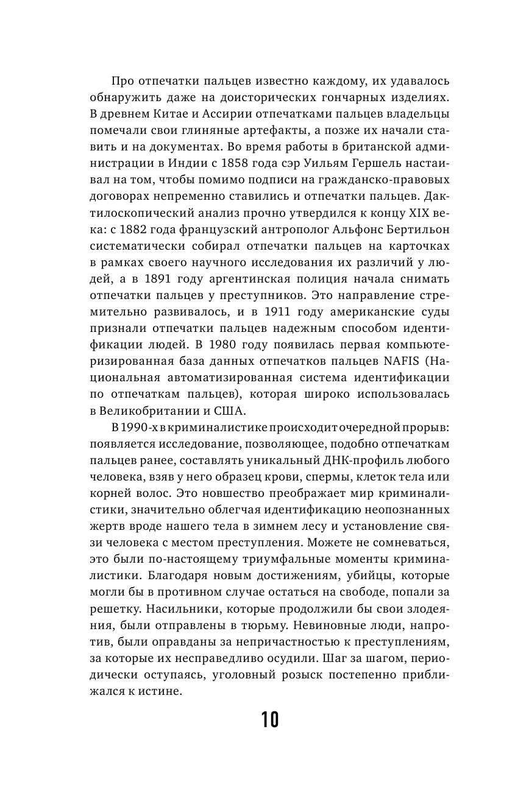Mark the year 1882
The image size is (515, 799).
(134, 230)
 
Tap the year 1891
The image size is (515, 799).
(173, 279)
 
